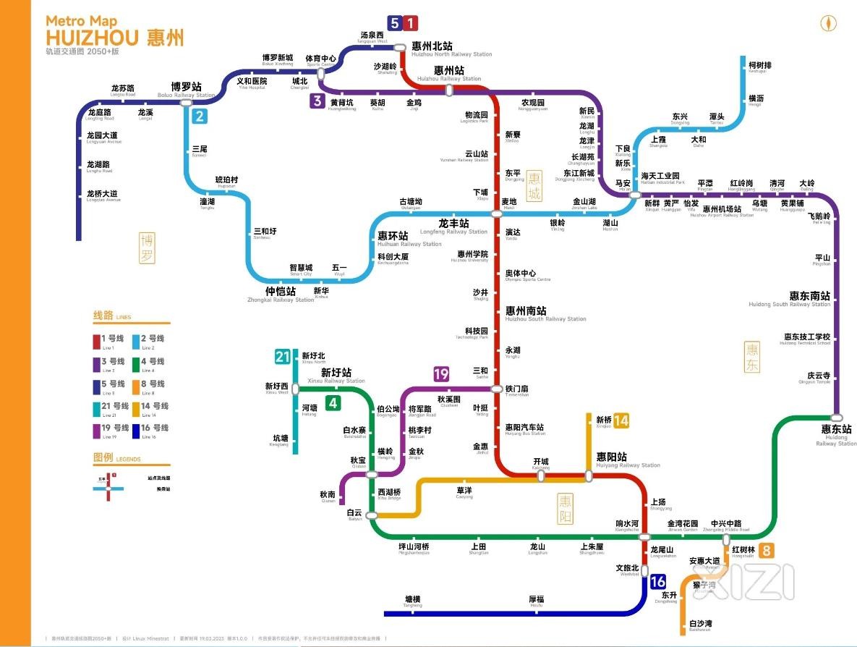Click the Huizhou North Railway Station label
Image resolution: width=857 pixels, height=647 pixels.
coord(441,48)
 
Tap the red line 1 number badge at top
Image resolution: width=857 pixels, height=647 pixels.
coord(411,23)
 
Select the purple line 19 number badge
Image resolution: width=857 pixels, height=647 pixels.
coord(441,374)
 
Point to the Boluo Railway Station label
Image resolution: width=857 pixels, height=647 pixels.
coord(187,89)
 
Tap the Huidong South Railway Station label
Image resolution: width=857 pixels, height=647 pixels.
coord(809,298)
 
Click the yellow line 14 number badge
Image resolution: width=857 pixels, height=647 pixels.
coord(621,421)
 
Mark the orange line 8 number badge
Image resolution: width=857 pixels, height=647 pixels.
coord(766,550)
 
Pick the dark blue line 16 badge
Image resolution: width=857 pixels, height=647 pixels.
coord(657,582)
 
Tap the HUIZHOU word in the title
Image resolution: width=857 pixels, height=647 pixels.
coord(93,37)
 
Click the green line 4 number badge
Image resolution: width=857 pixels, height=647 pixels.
coord(333,403)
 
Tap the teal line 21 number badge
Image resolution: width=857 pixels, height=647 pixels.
coord(282,357)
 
